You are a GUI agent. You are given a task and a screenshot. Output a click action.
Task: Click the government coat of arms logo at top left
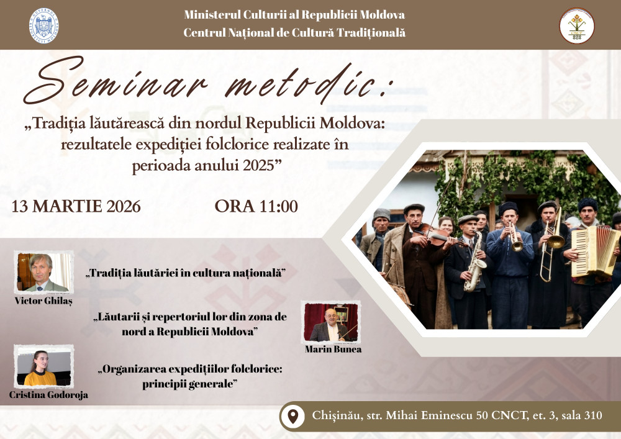(x=44, y=25)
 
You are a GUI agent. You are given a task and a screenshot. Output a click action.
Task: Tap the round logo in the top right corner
(x=577, y=25)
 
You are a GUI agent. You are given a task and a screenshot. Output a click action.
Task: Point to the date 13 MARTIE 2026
(x=76, y=206)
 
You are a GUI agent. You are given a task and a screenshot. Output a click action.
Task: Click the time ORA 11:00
(x=256, y=206)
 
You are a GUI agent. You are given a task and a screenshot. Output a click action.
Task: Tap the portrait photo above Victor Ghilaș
(x=43, y=272)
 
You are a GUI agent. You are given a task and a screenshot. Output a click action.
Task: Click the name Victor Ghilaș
(x=43, y=301)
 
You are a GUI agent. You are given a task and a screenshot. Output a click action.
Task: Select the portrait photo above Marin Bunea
(x=330, y=322)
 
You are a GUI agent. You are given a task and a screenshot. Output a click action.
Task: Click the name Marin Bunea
(x=333, y=349)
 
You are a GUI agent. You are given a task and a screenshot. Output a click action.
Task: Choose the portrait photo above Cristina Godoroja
(x=43, y=367)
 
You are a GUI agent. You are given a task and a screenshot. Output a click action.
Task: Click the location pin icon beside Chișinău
(x=292, y=415)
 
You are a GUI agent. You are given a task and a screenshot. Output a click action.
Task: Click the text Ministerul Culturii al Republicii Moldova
(x=294, y=15)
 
